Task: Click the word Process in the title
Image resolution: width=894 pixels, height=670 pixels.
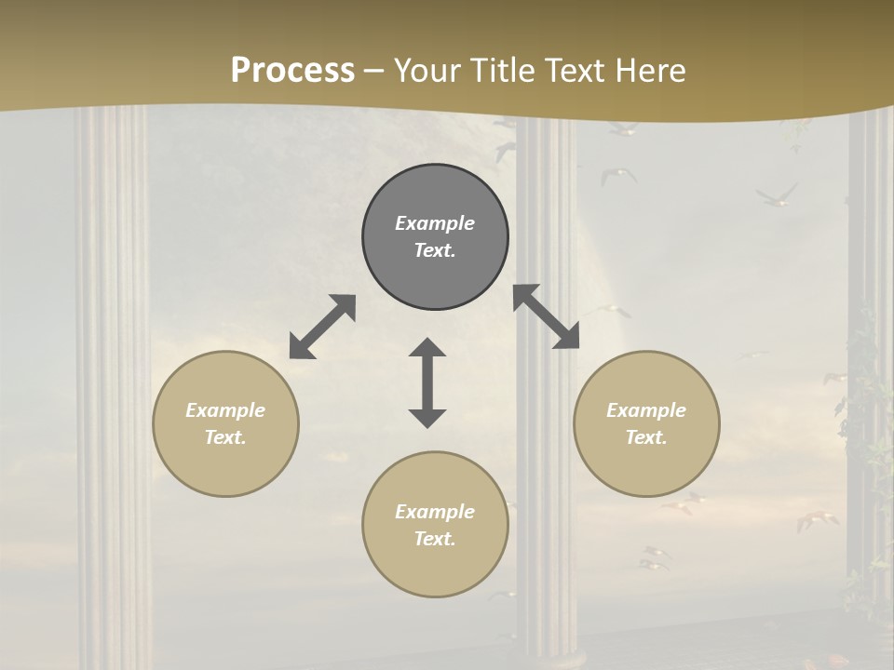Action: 292,71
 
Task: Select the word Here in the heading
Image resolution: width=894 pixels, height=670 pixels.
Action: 651,71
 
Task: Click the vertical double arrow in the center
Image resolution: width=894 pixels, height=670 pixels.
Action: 427,382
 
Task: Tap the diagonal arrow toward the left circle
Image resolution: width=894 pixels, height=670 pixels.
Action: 322,327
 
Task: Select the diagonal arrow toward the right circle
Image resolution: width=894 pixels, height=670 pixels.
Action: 547,316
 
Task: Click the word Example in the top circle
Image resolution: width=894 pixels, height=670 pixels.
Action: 435,223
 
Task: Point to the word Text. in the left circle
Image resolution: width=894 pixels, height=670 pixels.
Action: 225,437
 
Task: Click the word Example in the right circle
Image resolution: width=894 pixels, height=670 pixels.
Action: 646,410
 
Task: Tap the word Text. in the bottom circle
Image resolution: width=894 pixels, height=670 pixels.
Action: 435,539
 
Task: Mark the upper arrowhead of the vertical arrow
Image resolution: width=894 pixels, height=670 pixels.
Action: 427,348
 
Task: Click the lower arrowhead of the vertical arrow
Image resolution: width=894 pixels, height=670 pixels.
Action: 427,417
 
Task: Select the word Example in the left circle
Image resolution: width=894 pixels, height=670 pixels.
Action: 225,410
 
